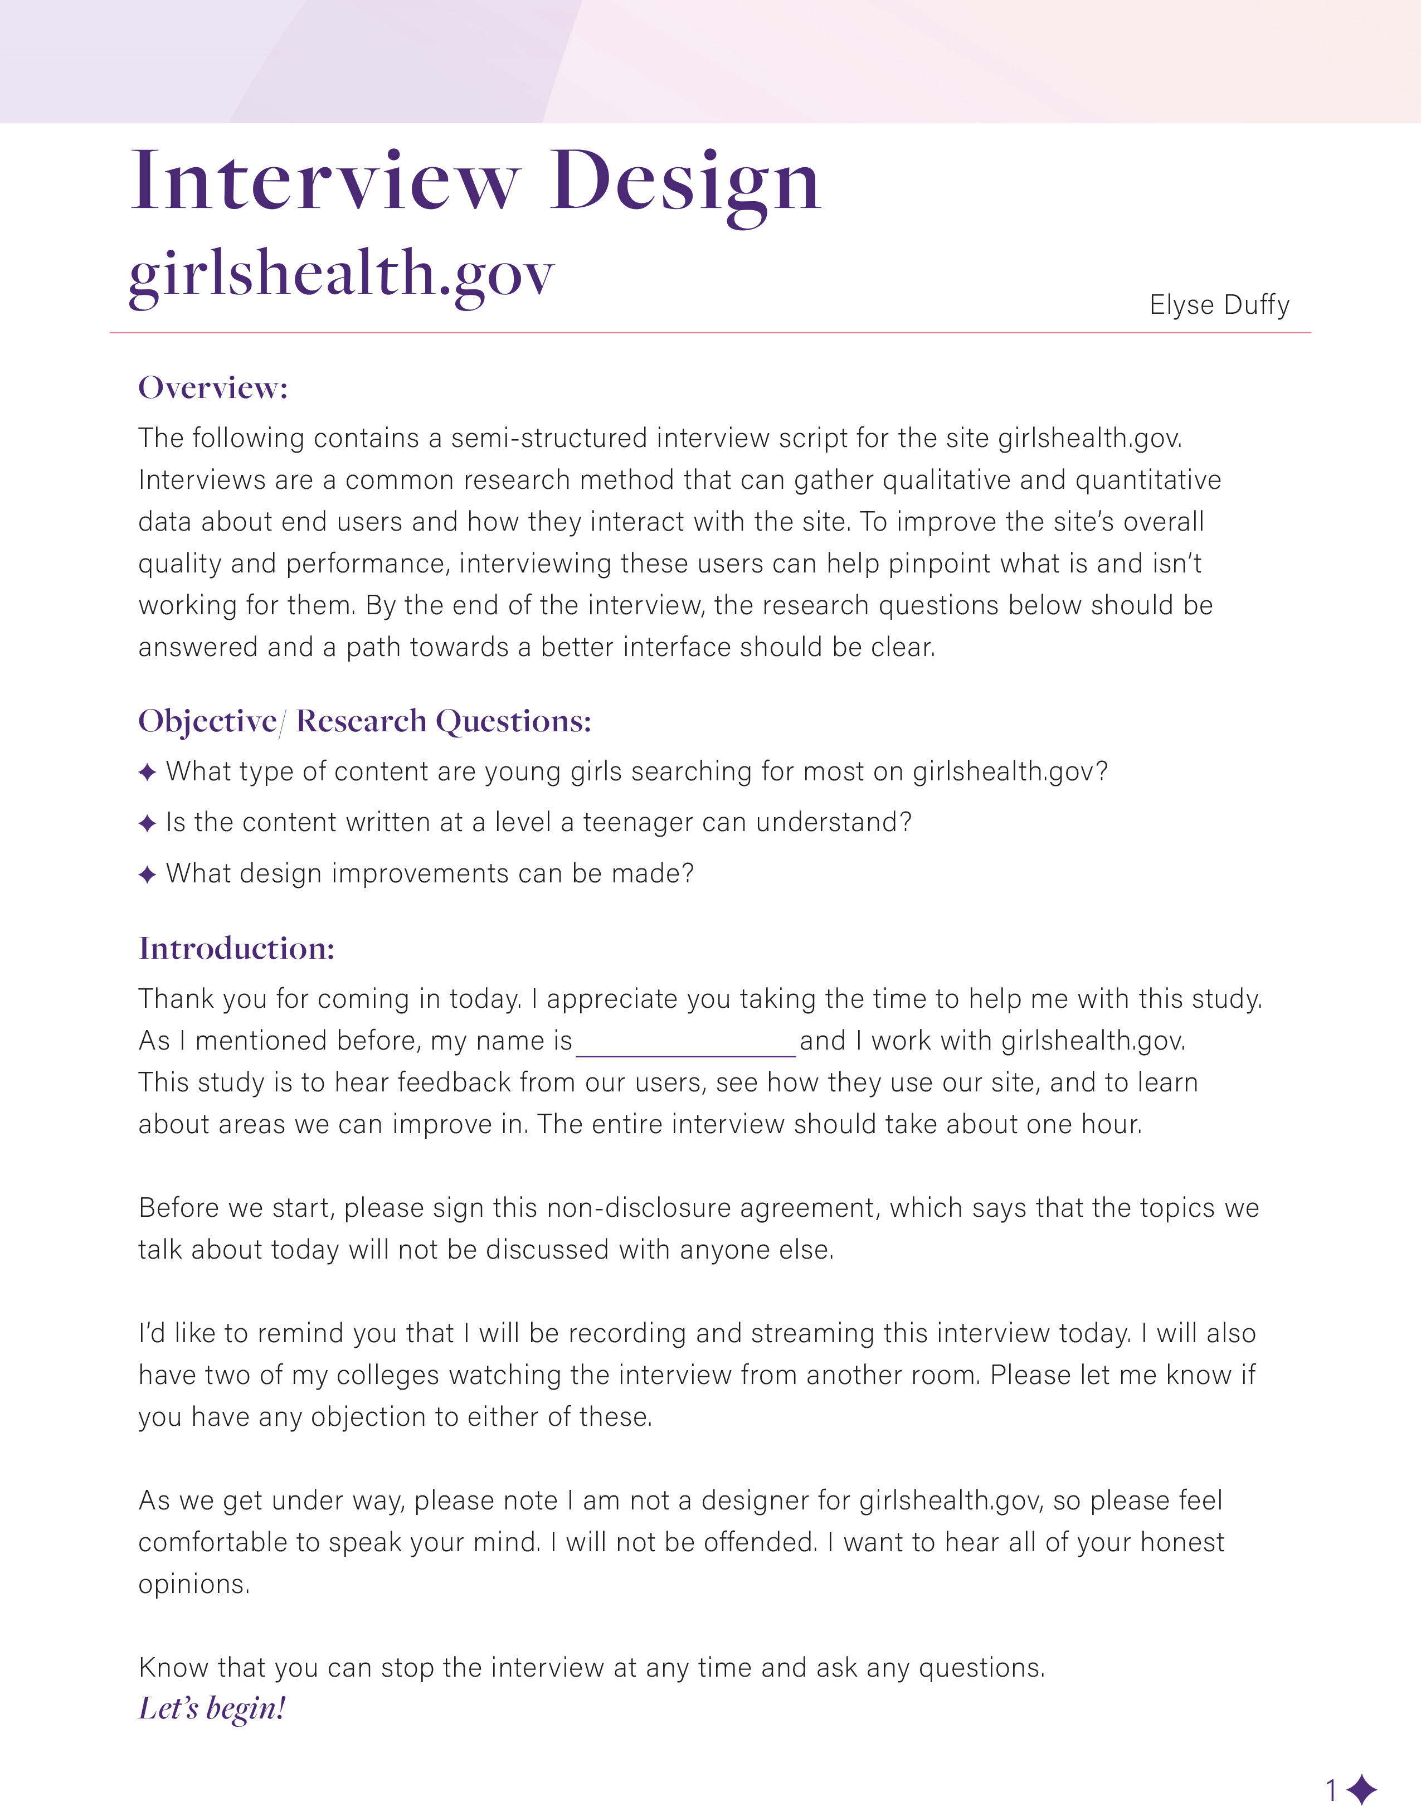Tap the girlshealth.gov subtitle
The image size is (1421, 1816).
[x=341, y=275]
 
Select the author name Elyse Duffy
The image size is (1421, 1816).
[x=1219, y=304]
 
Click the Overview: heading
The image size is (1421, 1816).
[x=213, y=388]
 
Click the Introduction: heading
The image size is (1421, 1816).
[x=236, y=949]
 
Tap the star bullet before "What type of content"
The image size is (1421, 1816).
[x=147, y=773]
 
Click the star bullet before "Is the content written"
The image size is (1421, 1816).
[x=147, y=824]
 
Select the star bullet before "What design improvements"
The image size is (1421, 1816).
[x=147, y=875]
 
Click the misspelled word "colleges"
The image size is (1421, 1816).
[x=388, y=1375]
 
